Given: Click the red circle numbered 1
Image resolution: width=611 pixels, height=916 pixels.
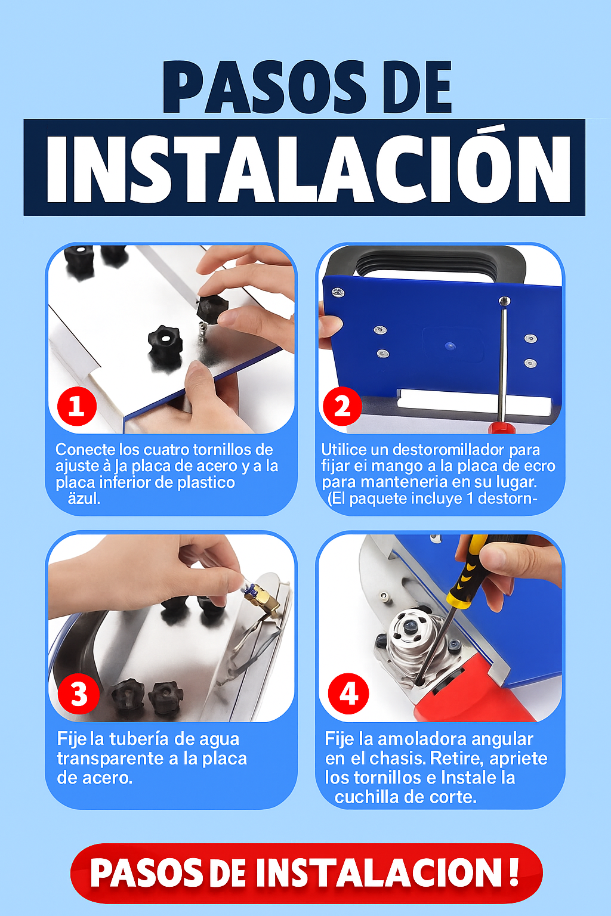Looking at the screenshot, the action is point(77,406).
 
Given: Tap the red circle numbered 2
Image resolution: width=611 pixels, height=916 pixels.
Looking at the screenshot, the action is point(342,406).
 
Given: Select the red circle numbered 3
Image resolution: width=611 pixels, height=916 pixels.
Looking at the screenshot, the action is point(79,694).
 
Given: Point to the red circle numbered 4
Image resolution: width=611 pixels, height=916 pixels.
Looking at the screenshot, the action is point(348,694).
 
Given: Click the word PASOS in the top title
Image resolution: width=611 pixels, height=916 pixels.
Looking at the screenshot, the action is point(264,86).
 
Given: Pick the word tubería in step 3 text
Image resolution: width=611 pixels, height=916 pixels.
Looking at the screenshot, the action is point(139,739).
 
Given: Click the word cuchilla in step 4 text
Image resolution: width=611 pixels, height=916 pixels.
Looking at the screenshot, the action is point(367,797).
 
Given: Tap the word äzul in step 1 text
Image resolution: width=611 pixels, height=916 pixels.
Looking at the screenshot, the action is point(84,499).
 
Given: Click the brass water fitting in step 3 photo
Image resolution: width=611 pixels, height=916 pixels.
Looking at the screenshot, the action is point(262,600).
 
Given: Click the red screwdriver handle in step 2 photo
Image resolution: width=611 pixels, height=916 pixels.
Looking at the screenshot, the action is point(502,428).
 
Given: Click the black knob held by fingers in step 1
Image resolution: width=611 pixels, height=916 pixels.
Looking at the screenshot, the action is point(212,308).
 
